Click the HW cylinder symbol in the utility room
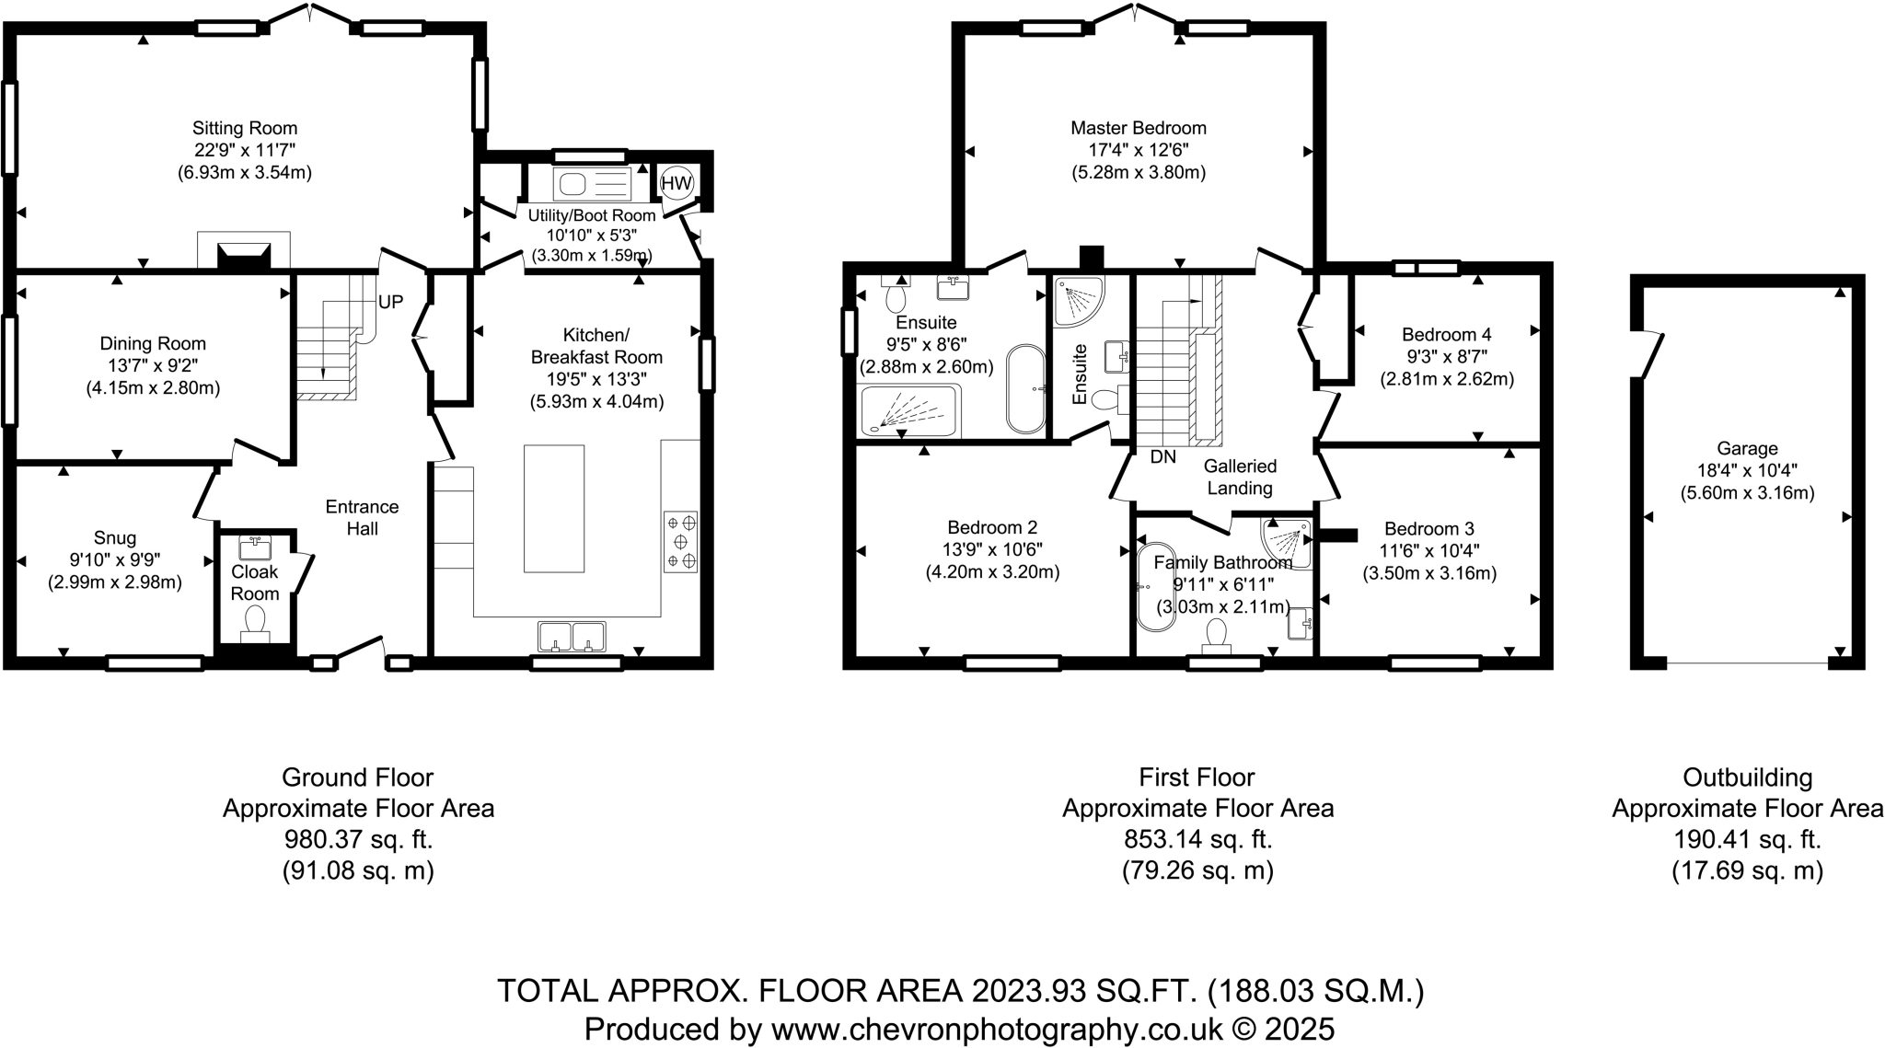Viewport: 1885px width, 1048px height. point(677,183)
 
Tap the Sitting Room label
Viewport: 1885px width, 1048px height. point(245,128)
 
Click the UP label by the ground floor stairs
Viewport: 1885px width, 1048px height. point(391,302)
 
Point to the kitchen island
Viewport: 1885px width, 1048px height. point(554,509)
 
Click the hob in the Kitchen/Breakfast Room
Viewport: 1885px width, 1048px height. point(681,543)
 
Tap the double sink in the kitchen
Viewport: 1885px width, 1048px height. point(572,636)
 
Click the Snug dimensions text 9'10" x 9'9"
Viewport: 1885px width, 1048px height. point(115,560)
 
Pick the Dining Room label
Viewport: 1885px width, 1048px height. point(153,344)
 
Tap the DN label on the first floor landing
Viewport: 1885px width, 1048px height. point(1163,456)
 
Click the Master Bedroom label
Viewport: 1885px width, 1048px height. point(1139,128)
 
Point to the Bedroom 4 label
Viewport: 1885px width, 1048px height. point(1446,335)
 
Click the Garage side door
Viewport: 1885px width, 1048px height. point(1649,354)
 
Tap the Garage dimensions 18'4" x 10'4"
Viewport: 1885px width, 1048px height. point(1747,471)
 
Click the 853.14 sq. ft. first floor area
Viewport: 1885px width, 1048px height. point(1197,839)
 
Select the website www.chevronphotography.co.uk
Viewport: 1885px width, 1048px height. point(997,1028)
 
